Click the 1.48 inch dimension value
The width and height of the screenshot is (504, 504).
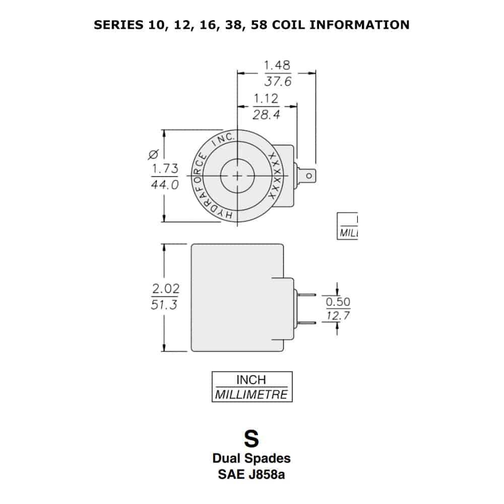[277, 66]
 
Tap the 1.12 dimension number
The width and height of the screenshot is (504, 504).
[266, 98]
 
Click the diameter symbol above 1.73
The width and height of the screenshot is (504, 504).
[155, 153]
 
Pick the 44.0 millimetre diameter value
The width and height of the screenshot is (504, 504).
[165, 185]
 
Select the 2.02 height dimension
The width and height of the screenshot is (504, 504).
[165, 289]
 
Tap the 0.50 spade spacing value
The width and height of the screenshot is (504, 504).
[338, 302]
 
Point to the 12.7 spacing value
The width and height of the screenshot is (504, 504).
[338, 316]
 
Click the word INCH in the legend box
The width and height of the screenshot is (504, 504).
[251, 380]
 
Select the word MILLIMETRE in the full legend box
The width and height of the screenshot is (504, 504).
[251, 394]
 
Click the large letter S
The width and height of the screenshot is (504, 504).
[251, 439]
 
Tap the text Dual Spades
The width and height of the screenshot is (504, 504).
[251, 459]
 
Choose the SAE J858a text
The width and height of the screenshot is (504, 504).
[251, 474]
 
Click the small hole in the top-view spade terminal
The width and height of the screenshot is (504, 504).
[309, 175]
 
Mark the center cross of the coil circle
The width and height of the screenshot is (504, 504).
[237, 175]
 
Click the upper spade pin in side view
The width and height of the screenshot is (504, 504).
[307, 295]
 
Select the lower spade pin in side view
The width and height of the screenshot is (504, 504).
[307, 323]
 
